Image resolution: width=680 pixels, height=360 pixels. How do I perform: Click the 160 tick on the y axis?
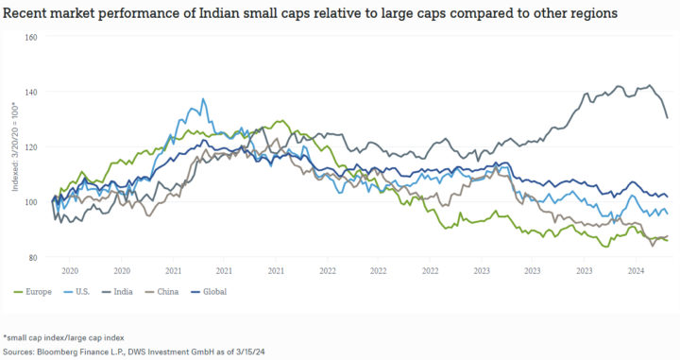(30, 38)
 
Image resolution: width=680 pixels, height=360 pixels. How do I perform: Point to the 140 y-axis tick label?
(30, 92)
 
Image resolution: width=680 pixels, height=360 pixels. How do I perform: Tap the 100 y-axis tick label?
(30, 202)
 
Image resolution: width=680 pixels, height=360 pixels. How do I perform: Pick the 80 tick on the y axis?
(32, 257)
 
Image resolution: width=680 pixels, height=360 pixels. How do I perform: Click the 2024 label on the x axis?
(636, 269)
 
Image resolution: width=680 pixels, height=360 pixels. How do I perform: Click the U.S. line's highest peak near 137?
(202, 98)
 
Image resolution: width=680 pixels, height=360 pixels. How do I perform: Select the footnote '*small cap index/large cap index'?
(62, 336)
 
